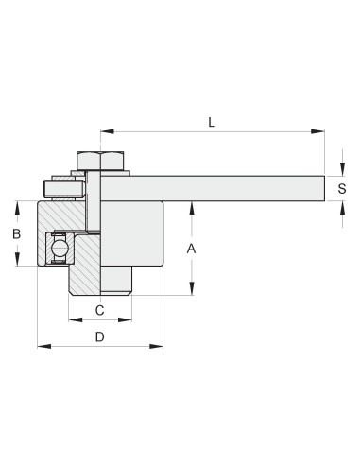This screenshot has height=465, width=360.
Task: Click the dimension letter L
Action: click(212, 121)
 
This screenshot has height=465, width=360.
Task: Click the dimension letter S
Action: click(342, 189)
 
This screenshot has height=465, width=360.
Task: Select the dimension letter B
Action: click(15, 233)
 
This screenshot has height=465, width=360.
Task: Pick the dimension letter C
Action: click(99, 309)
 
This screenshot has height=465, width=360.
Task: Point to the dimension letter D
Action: click(99, 336)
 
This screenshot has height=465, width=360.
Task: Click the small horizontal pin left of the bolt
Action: click(62, 188)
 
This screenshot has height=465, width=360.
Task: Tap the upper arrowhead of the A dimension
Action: click(192, 206)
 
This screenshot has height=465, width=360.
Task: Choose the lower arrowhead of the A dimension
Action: click(192, 292)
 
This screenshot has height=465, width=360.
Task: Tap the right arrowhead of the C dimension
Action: click(128, 319)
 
